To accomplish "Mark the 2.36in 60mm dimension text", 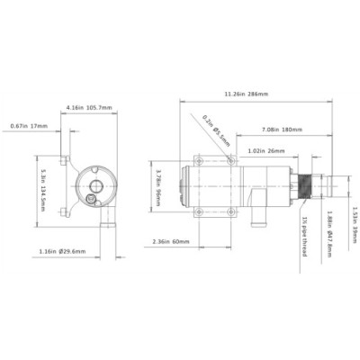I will pyautogui.click(x=171, y=241).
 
